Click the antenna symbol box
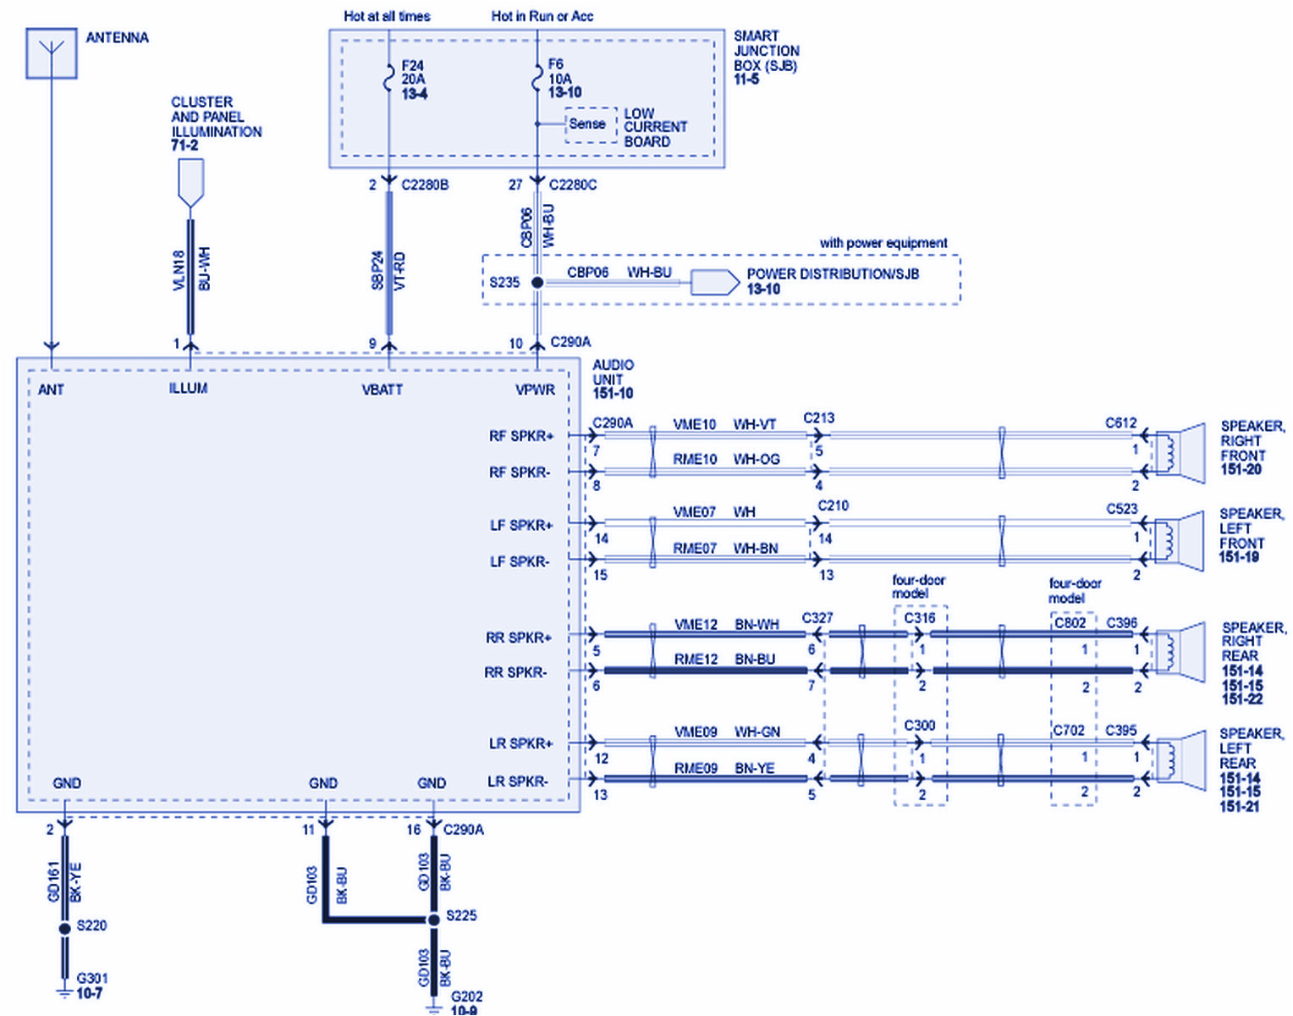pos(52,53)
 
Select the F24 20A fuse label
pos(414,80)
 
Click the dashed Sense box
pos(589,124)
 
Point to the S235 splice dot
pos(537,282)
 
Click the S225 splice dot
pos(433,919)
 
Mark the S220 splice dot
pos(65,929)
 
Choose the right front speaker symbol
pos(1180,453)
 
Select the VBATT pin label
pos(382,389)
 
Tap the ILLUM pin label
pos(188,389)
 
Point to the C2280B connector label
pos(425,185)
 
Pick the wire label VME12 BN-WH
pos(726,625)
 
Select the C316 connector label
pos(920,618)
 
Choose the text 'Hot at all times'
pos(387,16)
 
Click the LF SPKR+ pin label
pos(521,526)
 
